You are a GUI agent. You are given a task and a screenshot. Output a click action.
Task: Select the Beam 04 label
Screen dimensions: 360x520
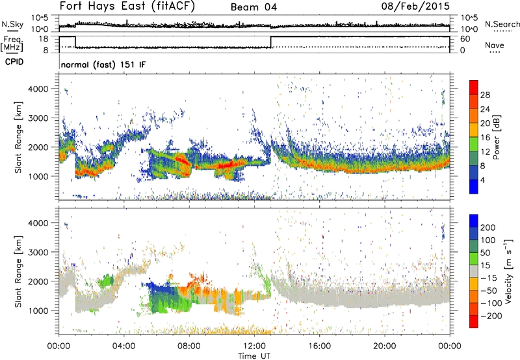[x=256, y=8]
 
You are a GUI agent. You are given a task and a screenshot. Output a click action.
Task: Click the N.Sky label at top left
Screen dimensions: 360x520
[x=11, y=25]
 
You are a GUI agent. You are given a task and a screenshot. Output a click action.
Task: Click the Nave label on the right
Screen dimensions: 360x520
[x=495, y=46]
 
